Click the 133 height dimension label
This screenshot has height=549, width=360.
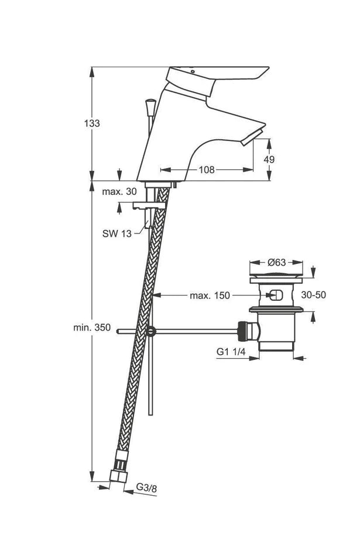tap(92, 123)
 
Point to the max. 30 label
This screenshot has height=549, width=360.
tap(119, 191)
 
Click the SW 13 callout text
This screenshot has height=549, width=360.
tap(117, 234)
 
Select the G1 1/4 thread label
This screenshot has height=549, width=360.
tap(230, 352)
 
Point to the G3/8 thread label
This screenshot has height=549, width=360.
tap(146, 486)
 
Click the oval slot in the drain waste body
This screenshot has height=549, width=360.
tap(277, 296)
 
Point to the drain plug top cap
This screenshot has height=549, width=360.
tap(277, 275)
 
